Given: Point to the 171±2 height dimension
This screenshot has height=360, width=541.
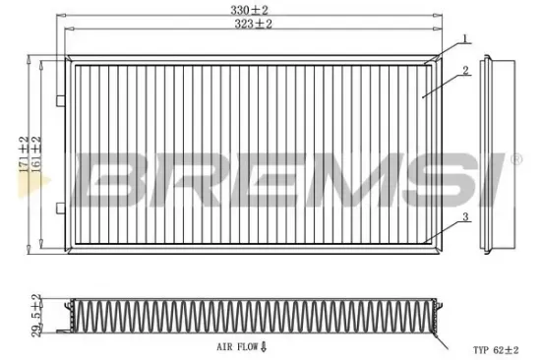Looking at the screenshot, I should [x=23, y=152].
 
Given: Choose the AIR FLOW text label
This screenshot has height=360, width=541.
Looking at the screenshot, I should [x=239, y=347].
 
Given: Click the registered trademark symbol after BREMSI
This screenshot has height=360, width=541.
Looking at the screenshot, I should [x=514, y=157].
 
